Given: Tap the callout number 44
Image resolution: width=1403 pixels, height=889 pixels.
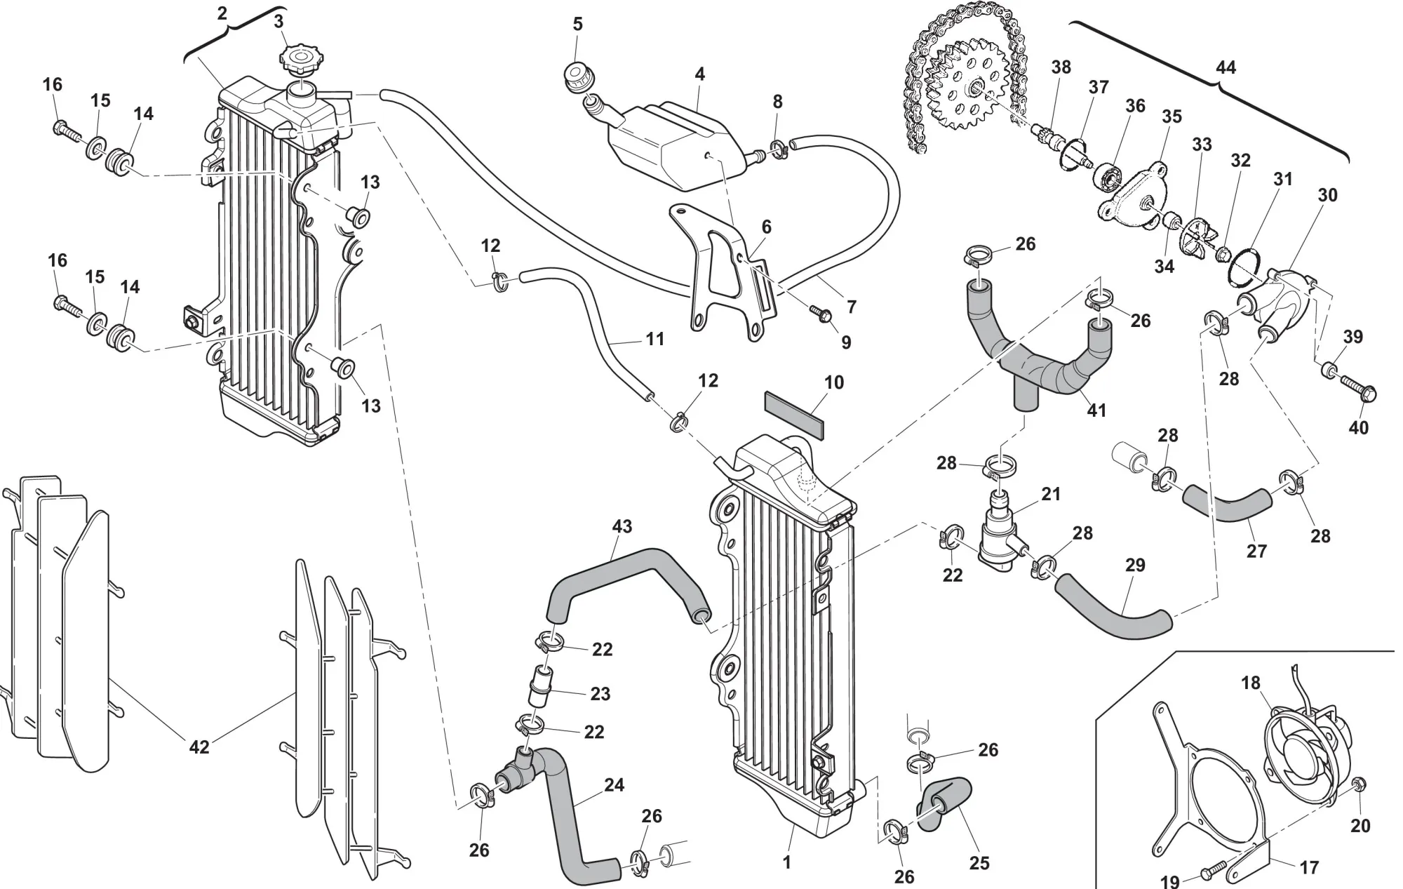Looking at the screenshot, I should [x=1225, y=67].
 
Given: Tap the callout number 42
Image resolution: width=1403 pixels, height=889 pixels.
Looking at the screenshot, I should [x=199, y=747].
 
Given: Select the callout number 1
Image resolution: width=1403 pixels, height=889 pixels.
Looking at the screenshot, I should [x=787, y=862].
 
